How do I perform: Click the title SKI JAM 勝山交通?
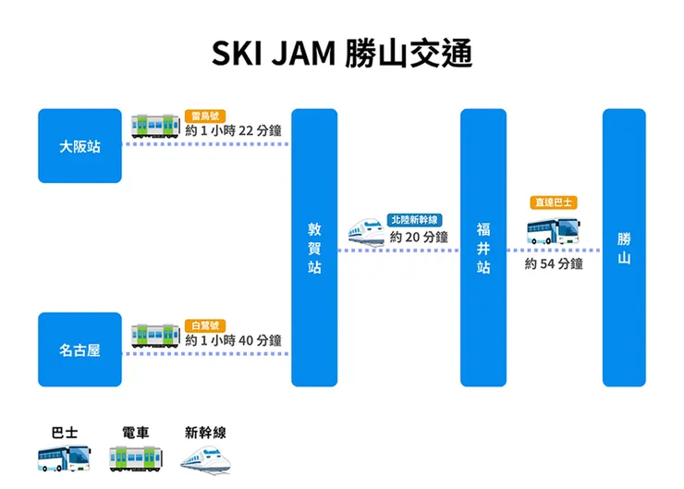click(x=342, y=54)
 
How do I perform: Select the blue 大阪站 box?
click(x=79, y=146)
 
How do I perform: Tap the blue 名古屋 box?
click(x=79, y=350)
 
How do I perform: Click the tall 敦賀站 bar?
click(x=314, y=248)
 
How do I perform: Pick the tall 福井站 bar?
click(x=483, y=248)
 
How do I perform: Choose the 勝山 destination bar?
click(x=624, y=248)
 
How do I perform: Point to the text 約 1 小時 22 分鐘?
click(x=233, y=130)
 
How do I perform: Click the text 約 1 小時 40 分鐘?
click(x=233, y=340)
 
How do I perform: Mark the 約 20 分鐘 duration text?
click(x=419, y=237)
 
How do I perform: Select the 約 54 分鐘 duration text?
click(x=554, y=263)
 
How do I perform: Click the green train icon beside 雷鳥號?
click(x=154, y=125)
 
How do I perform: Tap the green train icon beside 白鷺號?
click(x=154, y=335)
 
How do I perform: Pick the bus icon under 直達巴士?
click(x=553, y=230)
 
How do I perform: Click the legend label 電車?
click(x=136, y=432)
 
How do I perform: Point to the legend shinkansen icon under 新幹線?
click(x=205, y=458)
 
